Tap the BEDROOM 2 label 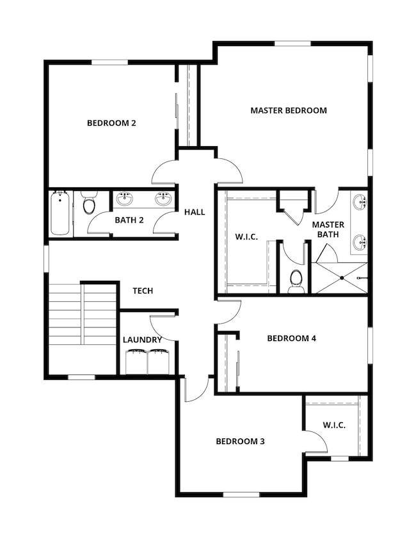point(111,123)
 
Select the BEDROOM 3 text point(240,441)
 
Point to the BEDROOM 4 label point(291,338)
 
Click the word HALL point(195,211)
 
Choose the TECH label point(143,290)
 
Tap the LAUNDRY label point(142,340)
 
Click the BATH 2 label point(129,220)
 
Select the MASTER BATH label point(328,230)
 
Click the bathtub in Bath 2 point(60,213)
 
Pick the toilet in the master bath point(296,280)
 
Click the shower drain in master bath point(342,278)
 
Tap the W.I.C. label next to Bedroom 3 point(334,425)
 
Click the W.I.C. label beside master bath point(246,237)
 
